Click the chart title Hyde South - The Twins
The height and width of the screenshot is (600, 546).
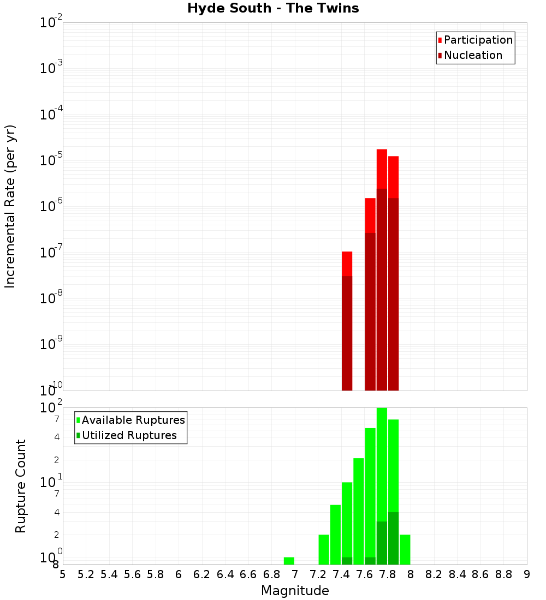click(273, 9)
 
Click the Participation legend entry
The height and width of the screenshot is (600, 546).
click(478, 40)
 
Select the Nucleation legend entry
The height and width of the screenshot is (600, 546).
click(472, 56)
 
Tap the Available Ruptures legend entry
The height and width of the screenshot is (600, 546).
click(133, 421)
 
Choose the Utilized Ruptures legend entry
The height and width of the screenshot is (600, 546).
click(129, 436)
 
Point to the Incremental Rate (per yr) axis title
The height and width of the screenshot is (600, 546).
click(10, 206)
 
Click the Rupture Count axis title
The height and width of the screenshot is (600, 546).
click(21, 486)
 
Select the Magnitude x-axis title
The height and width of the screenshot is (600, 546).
click(295, 591)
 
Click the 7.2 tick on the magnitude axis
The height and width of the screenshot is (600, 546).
click(318, 574)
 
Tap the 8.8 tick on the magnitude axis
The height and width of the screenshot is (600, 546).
click(503, 574)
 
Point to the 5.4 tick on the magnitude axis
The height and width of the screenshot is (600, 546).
click(109, 574)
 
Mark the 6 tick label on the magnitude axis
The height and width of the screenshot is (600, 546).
click(179, 574)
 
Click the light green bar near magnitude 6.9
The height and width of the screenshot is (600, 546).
click(289, 561)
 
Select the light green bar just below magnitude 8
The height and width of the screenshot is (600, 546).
click(405, 549)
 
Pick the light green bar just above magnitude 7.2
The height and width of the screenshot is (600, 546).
click(324, 549)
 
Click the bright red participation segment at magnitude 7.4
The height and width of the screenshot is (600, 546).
click(347, 263)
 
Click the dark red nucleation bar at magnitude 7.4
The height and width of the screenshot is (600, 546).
click(347, 333)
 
